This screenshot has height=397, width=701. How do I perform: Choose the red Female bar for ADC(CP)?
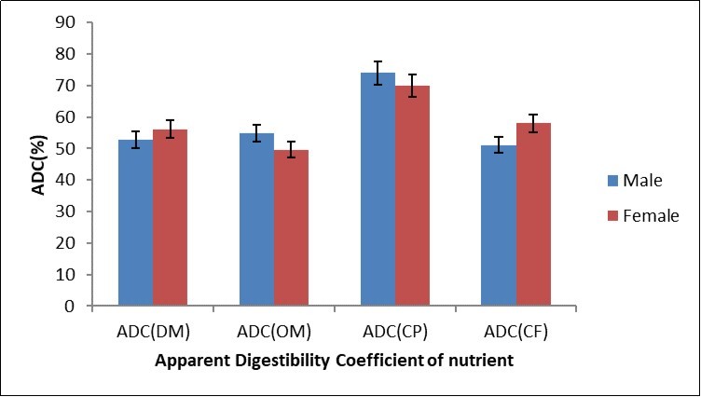click(x=412, y=196)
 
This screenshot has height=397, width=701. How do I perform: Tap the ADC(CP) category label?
click(x=394, y=330)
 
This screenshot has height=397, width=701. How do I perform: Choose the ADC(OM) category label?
click(x=273, y=330)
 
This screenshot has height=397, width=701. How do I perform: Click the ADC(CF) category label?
click(x=515, y=330)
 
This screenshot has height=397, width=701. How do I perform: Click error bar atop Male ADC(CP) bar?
click(x=378, y=73)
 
